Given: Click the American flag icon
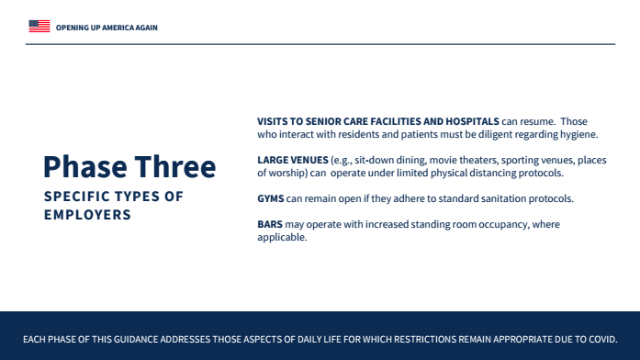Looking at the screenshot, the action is [x=39, y=26].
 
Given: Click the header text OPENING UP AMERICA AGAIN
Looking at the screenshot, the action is [x=107, y=28].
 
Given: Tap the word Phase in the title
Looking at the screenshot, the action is [x=84, y=167].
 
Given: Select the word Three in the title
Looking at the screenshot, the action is [x=175, y=167].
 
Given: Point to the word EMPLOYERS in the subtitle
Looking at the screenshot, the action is [x=87, y=215].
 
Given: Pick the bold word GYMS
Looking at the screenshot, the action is [x=270, y=198].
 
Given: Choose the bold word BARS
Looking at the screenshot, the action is [x=270, y=224].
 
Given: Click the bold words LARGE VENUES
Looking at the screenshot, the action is [x=293, y=160].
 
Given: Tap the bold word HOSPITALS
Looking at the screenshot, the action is [x=472, y=121].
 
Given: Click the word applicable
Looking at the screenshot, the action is [x=281, y=238].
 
